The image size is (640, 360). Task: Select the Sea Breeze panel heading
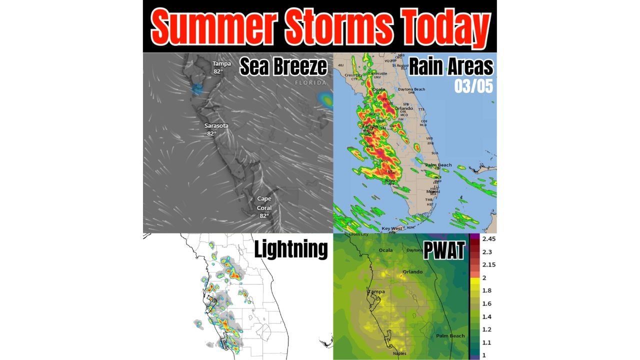pyautogui.click(x=283, y=66)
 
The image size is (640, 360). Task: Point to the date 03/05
pyautogui.click(x=473, y=85)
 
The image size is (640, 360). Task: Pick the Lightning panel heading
pyautogui.click(x=291, y=248)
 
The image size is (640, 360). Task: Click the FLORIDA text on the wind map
pyautogui.click(x=310, y=82)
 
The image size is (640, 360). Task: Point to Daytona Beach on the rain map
pyautogui.click(x=411, y=89)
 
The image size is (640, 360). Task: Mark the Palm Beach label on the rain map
pyautogui.click(x=438, y=165)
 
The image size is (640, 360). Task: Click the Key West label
pyautogui.click(x=392, y=228)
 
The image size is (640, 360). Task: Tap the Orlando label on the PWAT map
pyautogui.click(x=412, y=272)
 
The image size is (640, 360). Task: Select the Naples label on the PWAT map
pyautogui.click(x=399, y=353)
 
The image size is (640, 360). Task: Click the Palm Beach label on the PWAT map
pyautogui.click(x=450, y=336)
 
